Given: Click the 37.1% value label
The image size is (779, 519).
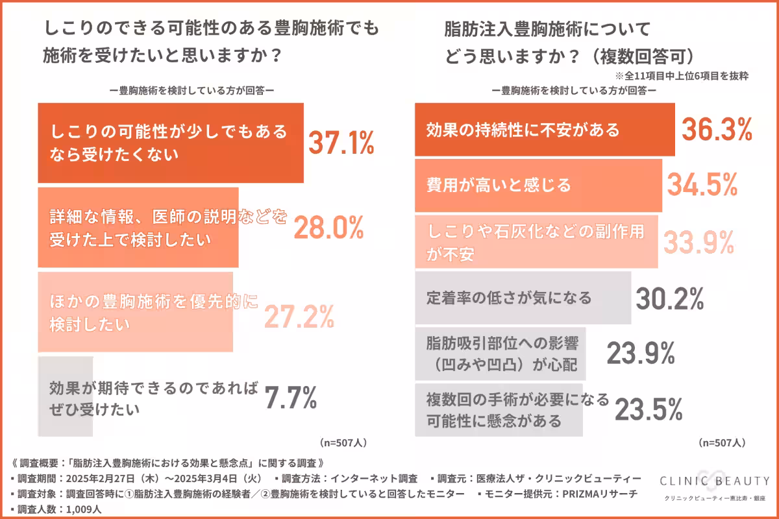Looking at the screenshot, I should click(x=340, y=142).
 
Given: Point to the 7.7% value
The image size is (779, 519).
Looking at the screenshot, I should click(x=290, y=398).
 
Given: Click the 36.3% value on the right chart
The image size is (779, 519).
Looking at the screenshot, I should click(x=717, y=130).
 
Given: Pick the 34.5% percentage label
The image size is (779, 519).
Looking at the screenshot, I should click(x=702, y=186).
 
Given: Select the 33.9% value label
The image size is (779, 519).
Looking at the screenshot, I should click(x=698, y=241).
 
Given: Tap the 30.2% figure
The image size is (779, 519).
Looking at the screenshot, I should click(x=669, y=298).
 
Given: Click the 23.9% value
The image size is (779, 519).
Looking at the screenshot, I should click(x=641, y=354).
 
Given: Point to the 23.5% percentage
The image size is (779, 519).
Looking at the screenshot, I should click(x=648, y=409).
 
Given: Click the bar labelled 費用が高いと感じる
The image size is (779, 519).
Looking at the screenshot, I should click(x=538, y=186).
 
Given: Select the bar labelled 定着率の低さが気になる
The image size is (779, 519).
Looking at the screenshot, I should click(x=523, y=298).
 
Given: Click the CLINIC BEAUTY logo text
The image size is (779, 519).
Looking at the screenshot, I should click(x=714, y=481).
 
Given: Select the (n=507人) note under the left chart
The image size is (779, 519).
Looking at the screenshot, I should click(x=343, y=442).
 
